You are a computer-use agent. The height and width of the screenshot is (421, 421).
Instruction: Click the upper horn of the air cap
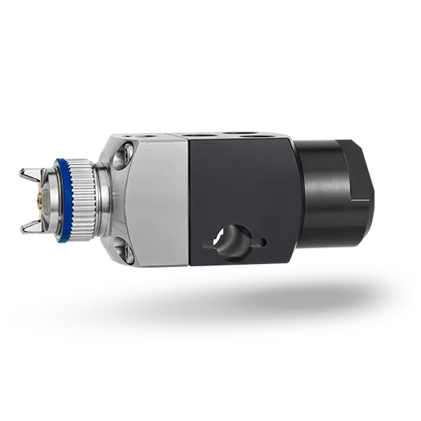29,173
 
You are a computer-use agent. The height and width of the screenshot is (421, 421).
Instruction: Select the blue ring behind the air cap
63,200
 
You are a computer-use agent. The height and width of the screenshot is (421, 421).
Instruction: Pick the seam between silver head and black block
189,202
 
